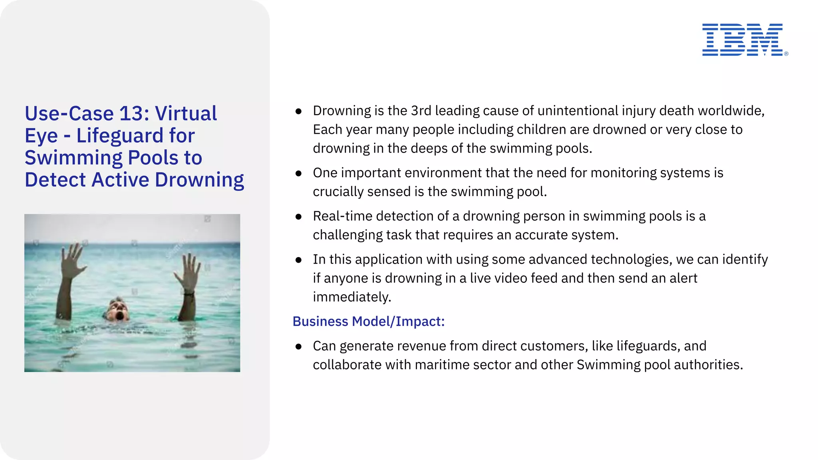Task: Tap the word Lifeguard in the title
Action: tap(119, 136)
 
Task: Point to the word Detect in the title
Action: tap(55, 180)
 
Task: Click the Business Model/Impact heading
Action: tap(368, 321)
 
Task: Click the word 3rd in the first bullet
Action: tap(421, 111)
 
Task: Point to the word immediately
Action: tap(351, 297)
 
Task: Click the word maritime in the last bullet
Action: tap(443, 365)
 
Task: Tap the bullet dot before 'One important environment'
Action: tap(298, 173)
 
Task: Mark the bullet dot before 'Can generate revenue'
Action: tap(298, 347)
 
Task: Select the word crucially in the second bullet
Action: tap(338, 192)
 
